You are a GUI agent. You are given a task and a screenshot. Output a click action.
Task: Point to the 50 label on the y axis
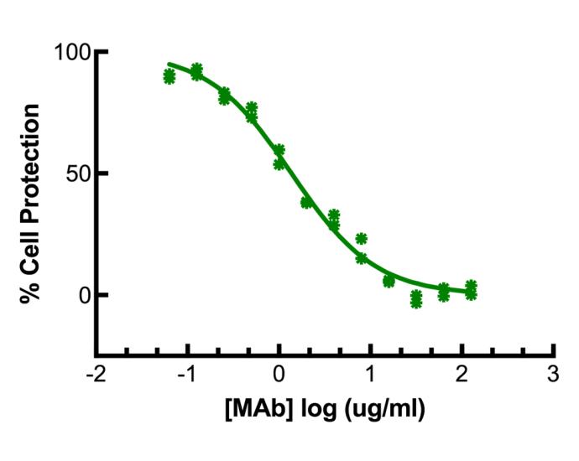coord(77,174)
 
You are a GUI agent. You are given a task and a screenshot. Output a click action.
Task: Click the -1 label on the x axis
coord(185,371)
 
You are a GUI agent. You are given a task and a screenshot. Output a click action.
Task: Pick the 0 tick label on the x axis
coord(279,371)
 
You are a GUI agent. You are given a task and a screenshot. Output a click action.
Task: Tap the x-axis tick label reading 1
coord(370,371)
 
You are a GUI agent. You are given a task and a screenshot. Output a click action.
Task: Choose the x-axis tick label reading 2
coord(462,371)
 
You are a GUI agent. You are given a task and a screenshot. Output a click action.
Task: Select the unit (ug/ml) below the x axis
coord(378,411)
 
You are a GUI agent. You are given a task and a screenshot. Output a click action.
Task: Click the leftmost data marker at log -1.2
coord(169,76)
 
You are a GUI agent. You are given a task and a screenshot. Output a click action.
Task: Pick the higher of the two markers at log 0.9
coord(361,239)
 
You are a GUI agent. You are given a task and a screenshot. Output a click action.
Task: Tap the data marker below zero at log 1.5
coord(416,299)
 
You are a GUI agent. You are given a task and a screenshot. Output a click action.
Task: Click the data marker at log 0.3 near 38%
coord(306,202)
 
